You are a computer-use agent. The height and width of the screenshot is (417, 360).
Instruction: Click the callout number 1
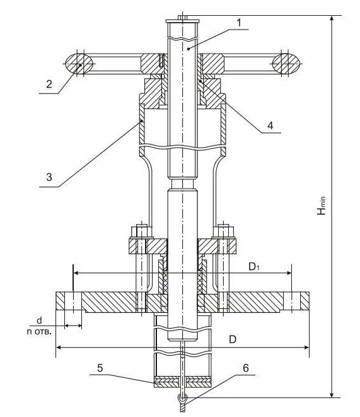coord(239,23)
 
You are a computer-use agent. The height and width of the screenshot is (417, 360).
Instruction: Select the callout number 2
coord(49,84)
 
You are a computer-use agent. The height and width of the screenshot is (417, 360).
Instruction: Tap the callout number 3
coord(49,177)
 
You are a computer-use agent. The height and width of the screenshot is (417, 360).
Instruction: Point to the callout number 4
coord(270,126)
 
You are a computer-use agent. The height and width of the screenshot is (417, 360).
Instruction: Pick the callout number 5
coord(100,368)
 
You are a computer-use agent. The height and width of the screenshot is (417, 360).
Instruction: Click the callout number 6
coord(246,368)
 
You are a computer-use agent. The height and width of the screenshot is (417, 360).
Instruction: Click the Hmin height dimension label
coord(322,206)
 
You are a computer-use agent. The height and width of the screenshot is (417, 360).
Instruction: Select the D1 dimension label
coord(254,266)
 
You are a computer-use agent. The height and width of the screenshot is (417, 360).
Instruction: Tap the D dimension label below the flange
coord(233,339)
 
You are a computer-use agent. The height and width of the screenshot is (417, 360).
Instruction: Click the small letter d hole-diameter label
coord(39,320)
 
